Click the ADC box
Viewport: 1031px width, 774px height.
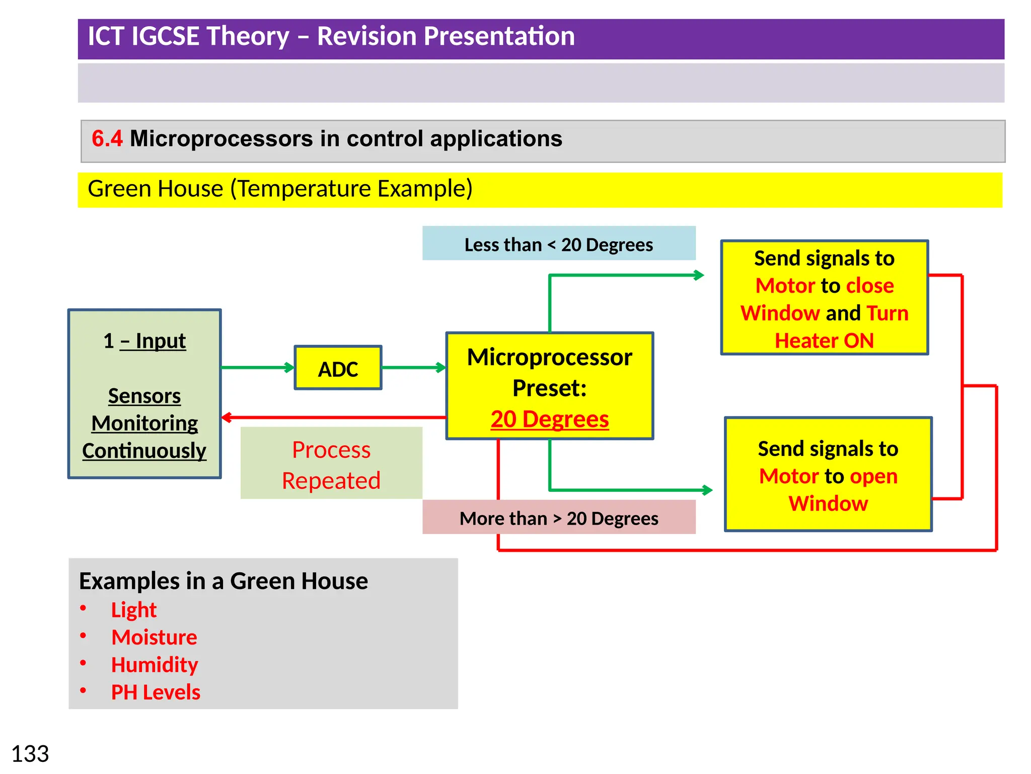(338, 368)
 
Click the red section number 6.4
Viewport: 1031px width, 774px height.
(107, 139)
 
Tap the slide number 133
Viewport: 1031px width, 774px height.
(30, 754)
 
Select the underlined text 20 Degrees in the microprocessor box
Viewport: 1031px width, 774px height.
(549, 419)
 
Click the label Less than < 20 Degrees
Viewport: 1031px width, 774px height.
(558, 244)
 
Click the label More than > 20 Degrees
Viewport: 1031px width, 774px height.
(558, 518)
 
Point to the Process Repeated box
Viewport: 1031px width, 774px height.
(331, 464)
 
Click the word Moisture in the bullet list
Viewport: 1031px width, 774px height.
(154, 637)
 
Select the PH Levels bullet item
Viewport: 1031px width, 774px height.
(156, 692)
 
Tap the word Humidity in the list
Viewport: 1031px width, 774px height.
(155, 665)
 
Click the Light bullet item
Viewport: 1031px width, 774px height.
(133, 610)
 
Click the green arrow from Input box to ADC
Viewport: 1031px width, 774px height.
(257, 367)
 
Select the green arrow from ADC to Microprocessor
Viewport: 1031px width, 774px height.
(413, 367)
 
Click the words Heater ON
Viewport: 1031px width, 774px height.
(824, 341)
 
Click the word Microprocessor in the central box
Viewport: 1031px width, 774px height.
(549, 357)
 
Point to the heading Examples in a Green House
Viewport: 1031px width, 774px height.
(223, 581)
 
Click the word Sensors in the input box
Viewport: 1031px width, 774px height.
(144, 396)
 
